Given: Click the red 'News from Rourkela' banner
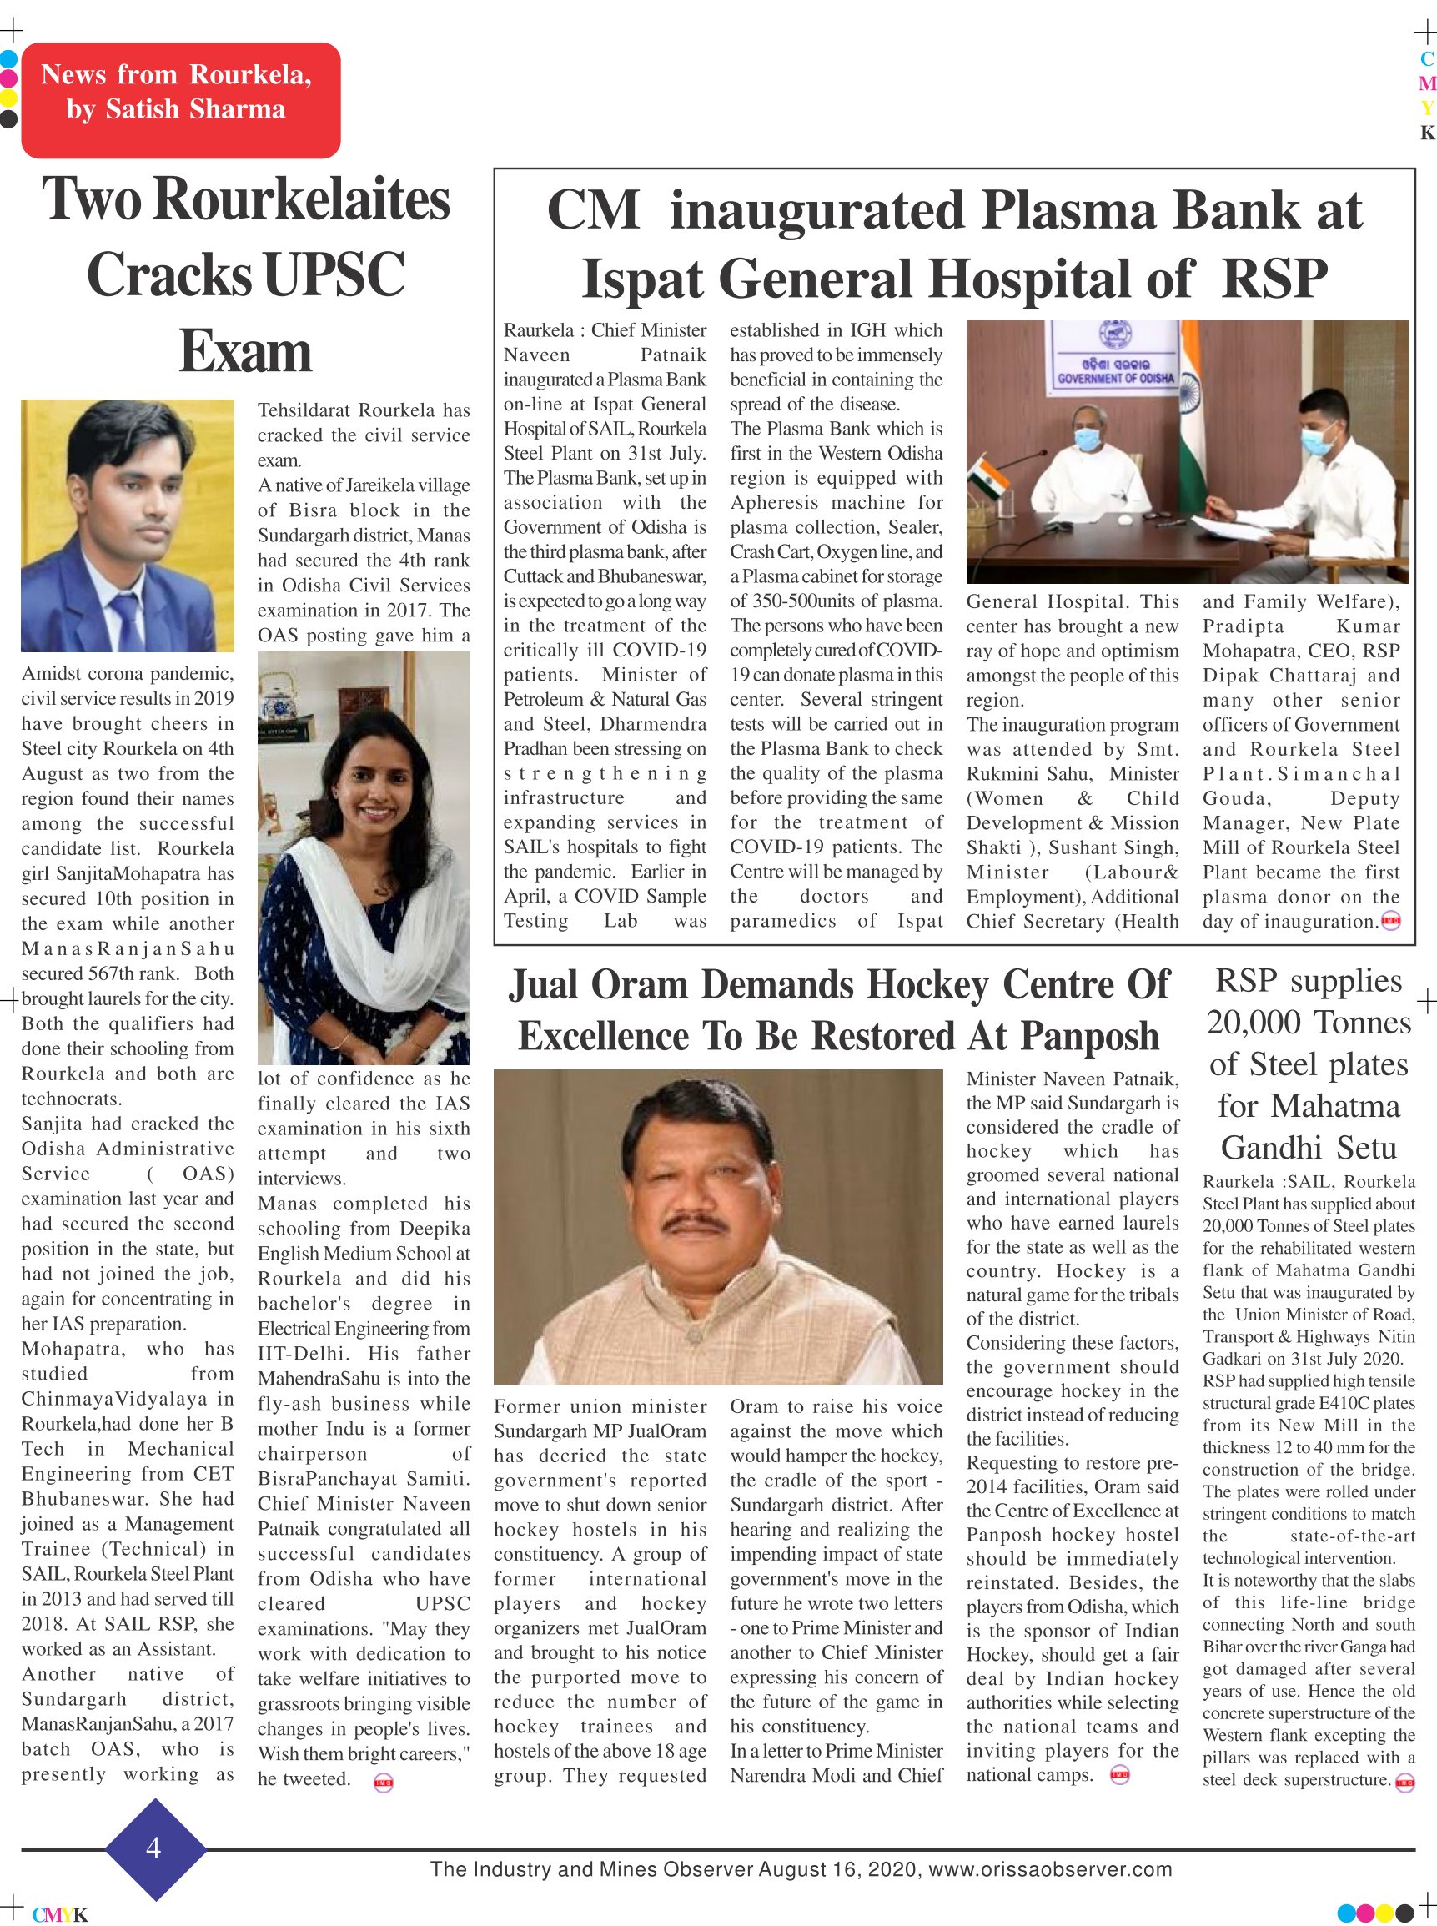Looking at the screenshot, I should [180, 100].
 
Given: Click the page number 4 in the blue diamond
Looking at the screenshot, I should [154, 1848].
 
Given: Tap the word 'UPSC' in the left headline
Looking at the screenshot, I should [334, 276].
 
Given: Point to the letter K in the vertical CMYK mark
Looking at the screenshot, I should [1426, 133].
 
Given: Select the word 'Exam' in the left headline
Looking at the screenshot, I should [245, 352].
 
